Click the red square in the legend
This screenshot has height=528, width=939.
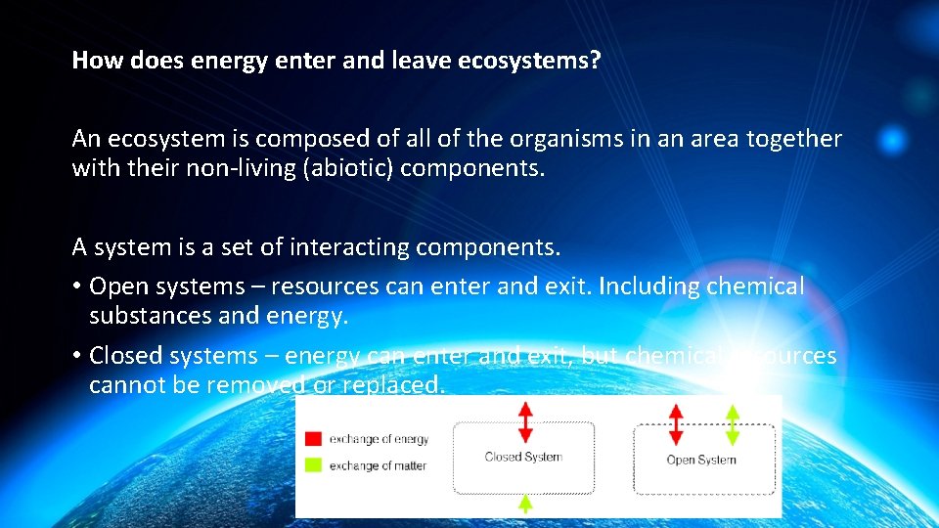[x=313, y=439]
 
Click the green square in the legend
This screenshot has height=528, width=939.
[x=313, y=465]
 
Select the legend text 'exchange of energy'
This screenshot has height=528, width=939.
[x=379, y=439]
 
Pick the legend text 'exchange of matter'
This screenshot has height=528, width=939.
[x=378, y=465]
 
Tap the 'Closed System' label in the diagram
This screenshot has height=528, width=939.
[x=523, y=457]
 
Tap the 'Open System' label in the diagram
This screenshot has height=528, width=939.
[x=701, y=460]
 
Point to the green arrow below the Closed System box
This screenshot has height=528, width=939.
[x=525, y=504]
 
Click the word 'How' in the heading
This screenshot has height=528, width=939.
[x=93, y=61]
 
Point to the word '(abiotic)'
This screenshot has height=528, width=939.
[x=348, y=168]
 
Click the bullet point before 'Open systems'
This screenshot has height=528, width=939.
[x=76, y=287]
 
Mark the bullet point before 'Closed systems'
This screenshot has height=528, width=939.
[x=76, y=356]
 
